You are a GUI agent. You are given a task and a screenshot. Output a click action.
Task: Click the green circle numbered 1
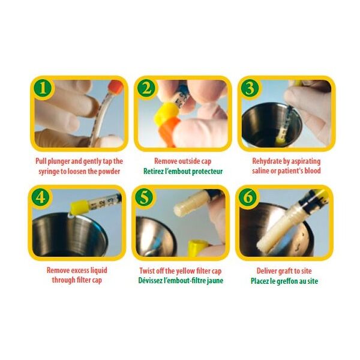pyautogui.click(x=43, y=88)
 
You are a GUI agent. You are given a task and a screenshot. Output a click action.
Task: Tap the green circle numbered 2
pyautogui.click(x=146, y=88)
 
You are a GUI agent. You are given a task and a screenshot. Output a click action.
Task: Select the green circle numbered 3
pyautogui.click(x=250, y=88)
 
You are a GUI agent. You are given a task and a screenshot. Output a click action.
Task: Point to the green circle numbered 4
pyautogui.click(x=41, y=197)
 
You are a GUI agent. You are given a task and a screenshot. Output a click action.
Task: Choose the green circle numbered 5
pyautogui.click(x=145, y=197)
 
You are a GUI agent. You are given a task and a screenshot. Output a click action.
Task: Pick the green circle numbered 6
pyautogui.click(x=248, y=197)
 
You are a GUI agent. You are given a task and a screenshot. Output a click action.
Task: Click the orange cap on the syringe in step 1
pyautogui.click(x=115, y=88)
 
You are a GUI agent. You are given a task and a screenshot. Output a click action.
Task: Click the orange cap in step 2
pyautogui.click(x=169, y=131)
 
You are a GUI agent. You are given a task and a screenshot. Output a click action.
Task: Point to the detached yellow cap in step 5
pyautogui.click(x=197, y=248)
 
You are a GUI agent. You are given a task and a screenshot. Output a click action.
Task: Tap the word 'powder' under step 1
pyautogui.click(x=109, y=172)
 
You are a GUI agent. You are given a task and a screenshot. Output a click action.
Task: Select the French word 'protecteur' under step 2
pyautogui.click(x=208, y=172)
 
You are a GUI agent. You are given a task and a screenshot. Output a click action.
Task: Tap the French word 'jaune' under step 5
pyautogui.click(x=215, y=281)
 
